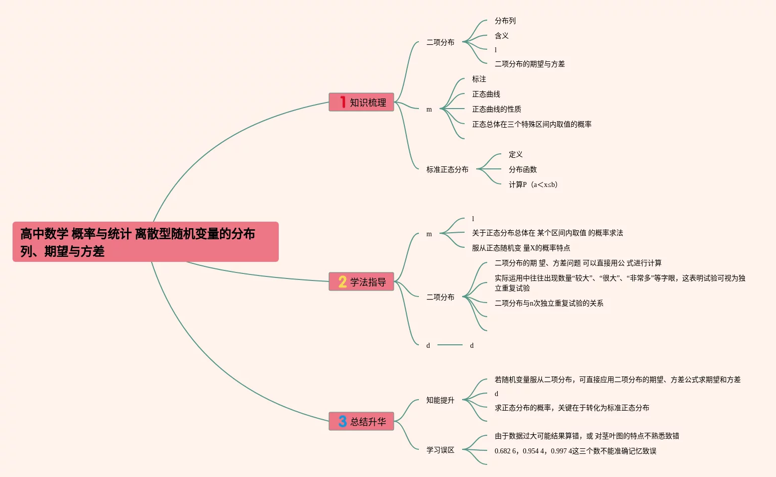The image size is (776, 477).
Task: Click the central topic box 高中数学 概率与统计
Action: (x=146, y=242)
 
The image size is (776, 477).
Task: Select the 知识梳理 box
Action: (x=361, y=102)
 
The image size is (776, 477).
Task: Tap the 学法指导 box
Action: (x=361, y=281)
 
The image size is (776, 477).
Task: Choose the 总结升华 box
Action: (x=361, y=421)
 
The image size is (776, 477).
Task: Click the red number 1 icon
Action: (x=343, y=102)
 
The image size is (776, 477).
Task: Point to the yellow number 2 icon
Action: (x=343, y=282)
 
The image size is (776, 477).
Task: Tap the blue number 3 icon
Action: (x=343, y=421)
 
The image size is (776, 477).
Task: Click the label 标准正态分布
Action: (x=447, y=169)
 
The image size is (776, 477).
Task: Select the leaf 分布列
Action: (x=505, y=21)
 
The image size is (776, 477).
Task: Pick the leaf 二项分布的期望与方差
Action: (x=530, y=64)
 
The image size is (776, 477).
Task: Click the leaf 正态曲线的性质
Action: (x=496, y=109)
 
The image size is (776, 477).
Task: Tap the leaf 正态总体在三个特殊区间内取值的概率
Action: (x=532, y=124)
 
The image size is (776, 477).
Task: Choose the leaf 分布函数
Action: (x=523, y=169)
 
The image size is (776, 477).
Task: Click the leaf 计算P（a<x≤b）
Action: (x=533, y=184)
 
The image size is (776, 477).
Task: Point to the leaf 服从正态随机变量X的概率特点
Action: (x=521, y=248)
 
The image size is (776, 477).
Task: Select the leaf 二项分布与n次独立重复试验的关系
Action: (x=549, y=303)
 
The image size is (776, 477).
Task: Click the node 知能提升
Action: (x=440, y=400)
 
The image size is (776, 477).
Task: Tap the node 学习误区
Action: (x=440, y=450)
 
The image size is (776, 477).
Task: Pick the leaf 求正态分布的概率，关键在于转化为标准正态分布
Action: (x=572, y=408)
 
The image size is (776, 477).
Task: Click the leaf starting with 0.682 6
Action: (x=576, y=451)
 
